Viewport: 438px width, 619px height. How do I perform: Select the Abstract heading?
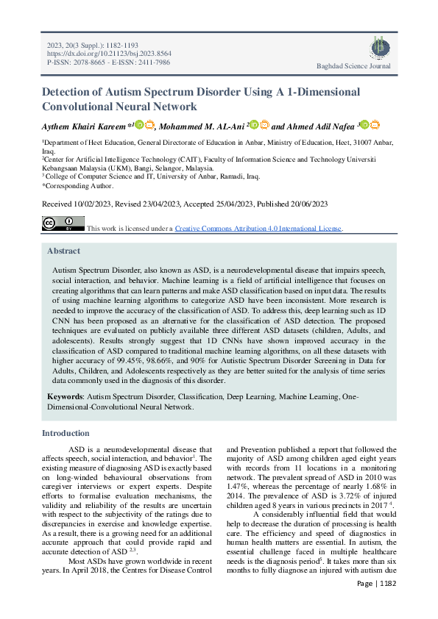point(63,251)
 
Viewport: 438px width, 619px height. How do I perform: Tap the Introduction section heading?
point(66,433)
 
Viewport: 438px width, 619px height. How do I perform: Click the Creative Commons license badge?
point(63,223)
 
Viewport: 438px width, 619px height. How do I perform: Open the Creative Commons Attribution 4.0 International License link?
point(258,229)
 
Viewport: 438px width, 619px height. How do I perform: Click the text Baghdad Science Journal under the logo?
point(353,66)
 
